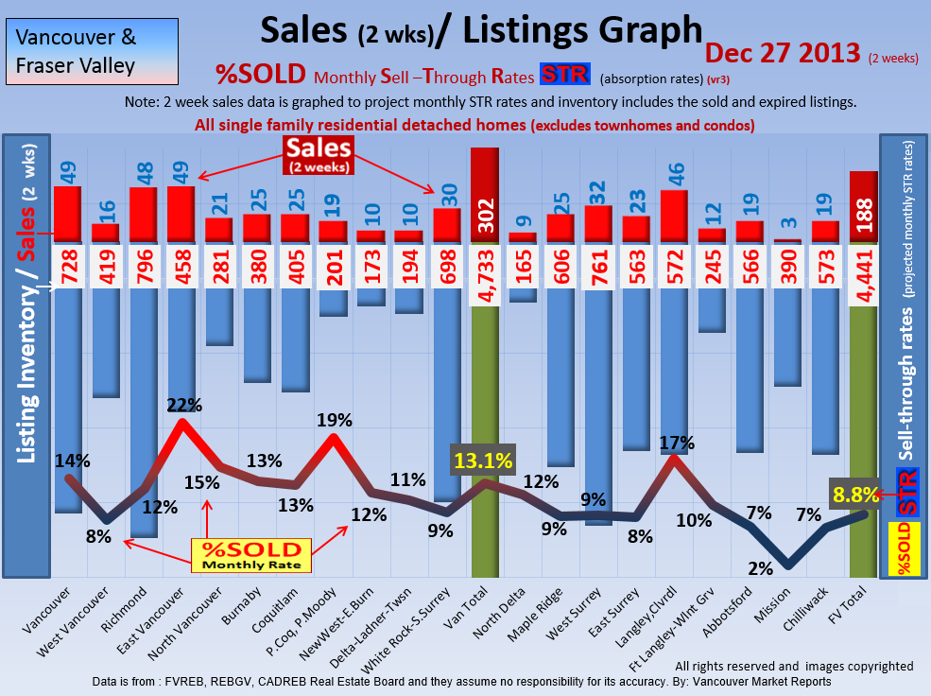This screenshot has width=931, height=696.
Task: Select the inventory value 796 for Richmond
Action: (143, 267)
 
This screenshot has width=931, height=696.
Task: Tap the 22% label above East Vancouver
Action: (184, 405)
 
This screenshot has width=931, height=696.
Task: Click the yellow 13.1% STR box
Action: (483, 461)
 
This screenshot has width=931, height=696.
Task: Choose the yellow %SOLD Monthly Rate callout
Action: (249, 555)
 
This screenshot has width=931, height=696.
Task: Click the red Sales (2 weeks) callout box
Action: (319, 153)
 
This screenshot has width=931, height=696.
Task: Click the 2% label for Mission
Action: (760, 568)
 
